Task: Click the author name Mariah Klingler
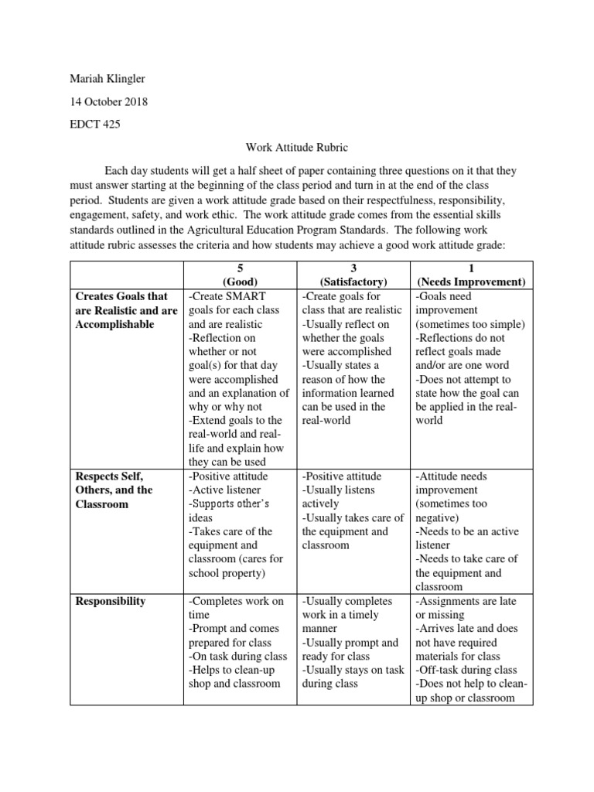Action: coord(109,79)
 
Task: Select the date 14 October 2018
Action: coord(109,101)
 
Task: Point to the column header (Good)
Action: coord(239,282)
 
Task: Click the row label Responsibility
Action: coord(110,601)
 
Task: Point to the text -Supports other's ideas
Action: coord(231,511)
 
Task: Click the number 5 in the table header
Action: coord(239,268)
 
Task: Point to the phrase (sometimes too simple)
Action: coord(469,324)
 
